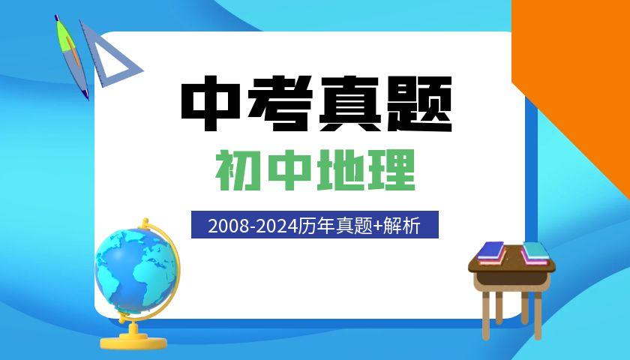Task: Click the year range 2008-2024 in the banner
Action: (x=253, y=226)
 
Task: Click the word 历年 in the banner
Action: (x=317, y=226)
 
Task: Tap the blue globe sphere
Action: (x=136, y=271)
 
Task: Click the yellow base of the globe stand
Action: (x=133, y=341)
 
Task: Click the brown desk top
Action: (x=511, y=264)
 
